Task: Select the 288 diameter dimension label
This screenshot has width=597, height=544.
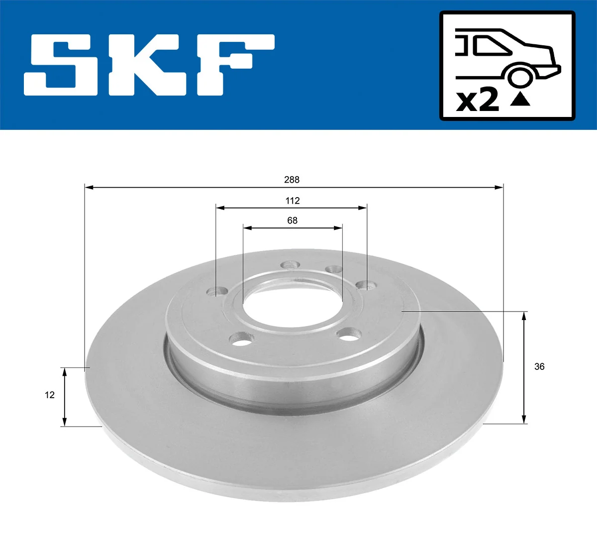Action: (x=292, y=180)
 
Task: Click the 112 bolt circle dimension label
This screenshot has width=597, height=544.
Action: (x=293, y=201)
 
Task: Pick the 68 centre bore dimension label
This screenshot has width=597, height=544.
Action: (x=292, y=220)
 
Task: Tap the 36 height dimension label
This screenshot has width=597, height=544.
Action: (x=539, y=367)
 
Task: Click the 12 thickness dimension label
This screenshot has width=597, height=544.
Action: (x=49, y=395)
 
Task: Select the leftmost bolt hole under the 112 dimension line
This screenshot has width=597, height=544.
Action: (x=217, y=291)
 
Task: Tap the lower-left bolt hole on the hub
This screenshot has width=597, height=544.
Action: (x=241, y=340)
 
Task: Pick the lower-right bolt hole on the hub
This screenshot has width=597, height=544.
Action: (x=348, y=334)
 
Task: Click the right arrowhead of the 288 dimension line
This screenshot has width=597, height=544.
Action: (x=498, y=187)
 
